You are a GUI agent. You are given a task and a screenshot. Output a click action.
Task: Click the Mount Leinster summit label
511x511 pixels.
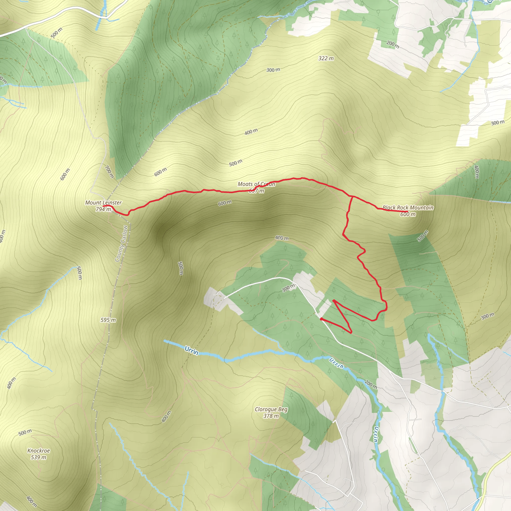(x=103, y=203)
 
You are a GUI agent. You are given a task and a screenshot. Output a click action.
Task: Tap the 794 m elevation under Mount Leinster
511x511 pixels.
(x=103, y=209)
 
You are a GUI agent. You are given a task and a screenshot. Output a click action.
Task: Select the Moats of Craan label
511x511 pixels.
(x=256, y=184)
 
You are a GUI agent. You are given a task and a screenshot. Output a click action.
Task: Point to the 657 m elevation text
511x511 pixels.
(x=256, y=190)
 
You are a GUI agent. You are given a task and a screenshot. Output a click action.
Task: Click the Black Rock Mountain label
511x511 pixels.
(x=408, y=208)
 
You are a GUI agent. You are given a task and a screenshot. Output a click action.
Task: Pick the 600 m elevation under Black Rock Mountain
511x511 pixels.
(x=408, y=214)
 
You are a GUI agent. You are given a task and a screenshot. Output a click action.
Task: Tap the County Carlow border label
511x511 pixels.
(x=122, y=244)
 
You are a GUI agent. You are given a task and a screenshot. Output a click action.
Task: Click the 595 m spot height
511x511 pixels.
(x=108, y=320)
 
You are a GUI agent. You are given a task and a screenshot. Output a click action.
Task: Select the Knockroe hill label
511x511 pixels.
(x=39, y=451)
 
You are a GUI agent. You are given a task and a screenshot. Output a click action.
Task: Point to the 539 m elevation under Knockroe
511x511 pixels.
(x=39, y=457)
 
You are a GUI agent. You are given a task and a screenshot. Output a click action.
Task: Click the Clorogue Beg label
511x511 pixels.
(x=271, y=409)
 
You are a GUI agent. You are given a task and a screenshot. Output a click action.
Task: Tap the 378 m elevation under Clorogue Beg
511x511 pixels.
(x=271, y=416)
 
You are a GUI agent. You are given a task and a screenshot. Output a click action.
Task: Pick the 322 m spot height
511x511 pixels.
(x=326, y=58)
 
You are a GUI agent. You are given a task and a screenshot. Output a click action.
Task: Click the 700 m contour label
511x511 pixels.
(x=109, y=172)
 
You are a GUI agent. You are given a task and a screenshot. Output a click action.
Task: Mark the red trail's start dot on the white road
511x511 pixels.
(x=321, y=319)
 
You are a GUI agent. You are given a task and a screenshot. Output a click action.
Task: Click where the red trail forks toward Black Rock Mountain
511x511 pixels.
(x=352, y=197)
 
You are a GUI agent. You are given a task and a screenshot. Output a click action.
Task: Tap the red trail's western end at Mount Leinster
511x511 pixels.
(x=103, y=206)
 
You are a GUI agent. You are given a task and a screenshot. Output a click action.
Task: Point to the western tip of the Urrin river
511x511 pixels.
(x=165, y=341)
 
